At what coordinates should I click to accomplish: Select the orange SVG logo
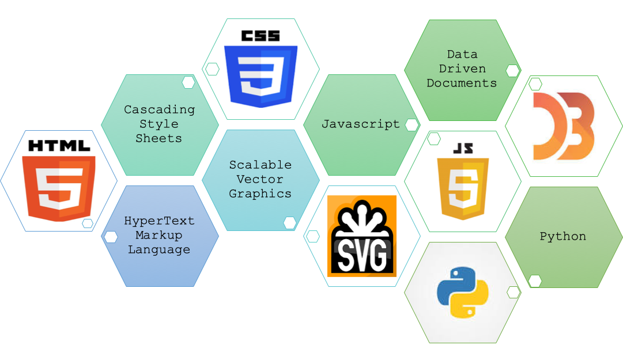(x=362, y=236)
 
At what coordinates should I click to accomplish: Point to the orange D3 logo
(x=564, y=126)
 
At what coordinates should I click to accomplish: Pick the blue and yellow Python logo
(x=463, y=293)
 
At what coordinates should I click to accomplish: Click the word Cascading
(x=160, y=109)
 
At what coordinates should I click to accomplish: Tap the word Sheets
(x=159, y=138)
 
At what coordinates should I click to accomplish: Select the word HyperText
(x=160, y=221)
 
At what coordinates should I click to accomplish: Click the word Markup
(x=159, y=235)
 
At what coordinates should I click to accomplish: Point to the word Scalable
(x=260, y=165)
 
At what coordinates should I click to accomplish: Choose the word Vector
(x=260, y=179)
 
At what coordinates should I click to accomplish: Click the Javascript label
(x=360, y=124)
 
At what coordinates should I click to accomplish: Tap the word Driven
(x=462, y=69)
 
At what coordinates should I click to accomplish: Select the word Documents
(x=462, y=83)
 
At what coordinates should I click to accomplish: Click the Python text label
(x=563, y=236)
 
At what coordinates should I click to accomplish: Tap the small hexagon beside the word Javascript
(x=411, y=125)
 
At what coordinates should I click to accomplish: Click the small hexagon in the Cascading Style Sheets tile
(x=188, y=82)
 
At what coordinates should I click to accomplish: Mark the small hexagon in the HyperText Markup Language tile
(x=111, y=237)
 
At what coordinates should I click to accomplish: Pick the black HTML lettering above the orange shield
(x=59, y=146)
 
